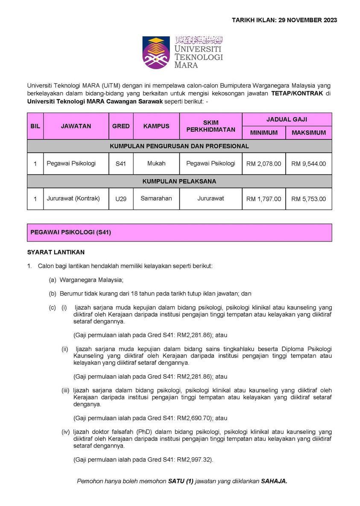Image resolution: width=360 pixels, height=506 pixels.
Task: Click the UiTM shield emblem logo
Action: [156, 52]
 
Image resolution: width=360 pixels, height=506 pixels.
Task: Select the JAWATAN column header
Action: [76, 126]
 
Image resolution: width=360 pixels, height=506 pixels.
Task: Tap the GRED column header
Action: [121, 126]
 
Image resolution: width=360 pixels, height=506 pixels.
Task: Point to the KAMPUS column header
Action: [156, 126]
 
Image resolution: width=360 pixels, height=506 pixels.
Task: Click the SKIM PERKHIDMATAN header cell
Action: [211, 126]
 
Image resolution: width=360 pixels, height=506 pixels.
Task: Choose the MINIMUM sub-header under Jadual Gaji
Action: [263, 133]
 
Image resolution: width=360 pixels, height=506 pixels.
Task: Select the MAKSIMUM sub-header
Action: [308, 133]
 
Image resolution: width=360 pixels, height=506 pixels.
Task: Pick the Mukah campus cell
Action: [156, 163]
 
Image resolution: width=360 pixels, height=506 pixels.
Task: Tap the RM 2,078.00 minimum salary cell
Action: [263, 164]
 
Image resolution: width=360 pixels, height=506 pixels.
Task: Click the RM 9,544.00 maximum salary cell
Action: [308, 164]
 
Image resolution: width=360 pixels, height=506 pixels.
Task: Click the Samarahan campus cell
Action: [156, 198]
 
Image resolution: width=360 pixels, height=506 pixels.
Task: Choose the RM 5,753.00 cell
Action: [308, 199]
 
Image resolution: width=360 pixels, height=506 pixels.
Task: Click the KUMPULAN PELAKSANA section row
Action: [179, 181]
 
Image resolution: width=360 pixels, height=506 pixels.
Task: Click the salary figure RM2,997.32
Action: [195, 459]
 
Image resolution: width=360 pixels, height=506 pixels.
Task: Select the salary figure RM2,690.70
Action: [195, 418]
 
